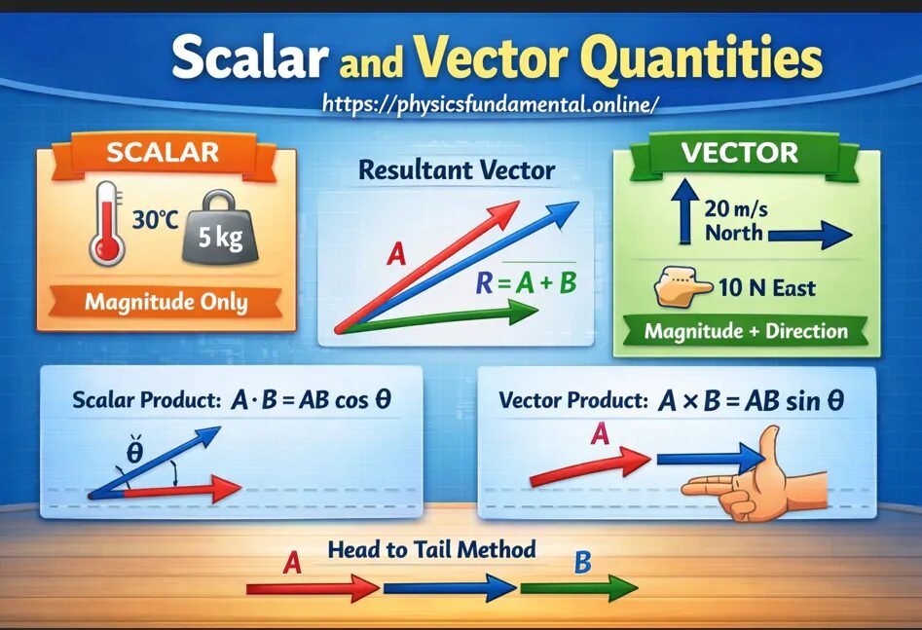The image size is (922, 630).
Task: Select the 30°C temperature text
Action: (x=154, y=219)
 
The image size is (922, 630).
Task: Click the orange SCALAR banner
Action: (x=164, y=152)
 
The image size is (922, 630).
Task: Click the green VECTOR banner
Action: (x=739, y=153)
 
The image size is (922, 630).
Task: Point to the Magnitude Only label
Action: (x=166, y=301)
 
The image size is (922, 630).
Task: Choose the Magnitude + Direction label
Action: (x=746, y=331)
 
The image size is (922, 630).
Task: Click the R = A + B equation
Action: (x=526, y=283)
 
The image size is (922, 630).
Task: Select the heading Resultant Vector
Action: (x=457, y=170)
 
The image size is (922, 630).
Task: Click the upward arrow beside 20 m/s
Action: (x=684, y=208)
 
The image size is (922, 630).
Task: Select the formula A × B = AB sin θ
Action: (x=751, y=400)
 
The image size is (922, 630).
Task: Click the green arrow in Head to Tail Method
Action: (x=579, y=588)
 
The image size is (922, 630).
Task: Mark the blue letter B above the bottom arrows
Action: (x=582, y=562)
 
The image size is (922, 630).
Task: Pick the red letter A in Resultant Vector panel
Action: (x=396, y=255)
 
